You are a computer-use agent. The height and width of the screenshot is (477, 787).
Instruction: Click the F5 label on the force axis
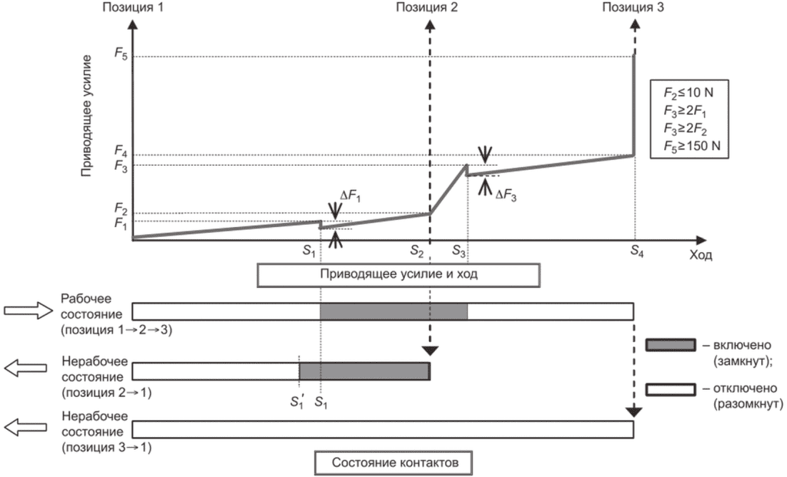click(x=121, y=54)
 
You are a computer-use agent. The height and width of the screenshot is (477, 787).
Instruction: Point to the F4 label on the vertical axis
click(x=121, y=151)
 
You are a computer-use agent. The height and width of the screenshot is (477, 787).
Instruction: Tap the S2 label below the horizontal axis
click(x=416, y=250)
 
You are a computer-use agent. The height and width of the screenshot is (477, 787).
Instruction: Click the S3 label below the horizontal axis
click(x=458, y=250)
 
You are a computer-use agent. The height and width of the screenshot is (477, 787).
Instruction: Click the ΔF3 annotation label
click(x=506, y=195)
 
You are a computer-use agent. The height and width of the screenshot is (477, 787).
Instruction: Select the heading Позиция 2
click(x=426, y=8)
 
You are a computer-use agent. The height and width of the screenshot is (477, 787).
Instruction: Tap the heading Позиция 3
click(x=633, y=8)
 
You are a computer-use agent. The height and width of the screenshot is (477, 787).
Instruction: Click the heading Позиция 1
click(x=133, y=8)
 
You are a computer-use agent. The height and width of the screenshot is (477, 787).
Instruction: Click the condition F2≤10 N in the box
click(x=688, y=93)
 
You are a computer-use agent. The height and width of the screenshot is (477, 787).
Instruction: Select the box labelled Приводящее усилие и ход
click(x=398, y=275)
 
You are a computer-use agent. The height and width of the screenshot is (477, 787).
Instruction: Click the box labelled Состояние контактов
click(x=394, y=463)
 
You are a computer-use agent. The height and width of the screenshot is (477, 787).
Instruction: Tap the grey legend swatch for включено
click(x=671, y=345)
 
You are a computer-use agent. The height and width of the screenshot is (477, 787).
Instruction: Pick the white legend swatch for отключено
click(x=671, y=389)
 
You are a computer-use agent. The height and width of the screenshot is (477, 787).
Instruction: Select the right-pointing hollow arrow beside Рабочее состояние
click(x=28, y=311)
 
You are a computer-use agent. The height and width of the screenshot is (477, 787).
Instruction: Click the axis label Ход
click(x=700, y=255)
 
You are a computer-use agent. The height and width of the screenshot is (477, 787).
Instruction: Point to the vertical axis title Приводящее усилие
click(x=87, y=116)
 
